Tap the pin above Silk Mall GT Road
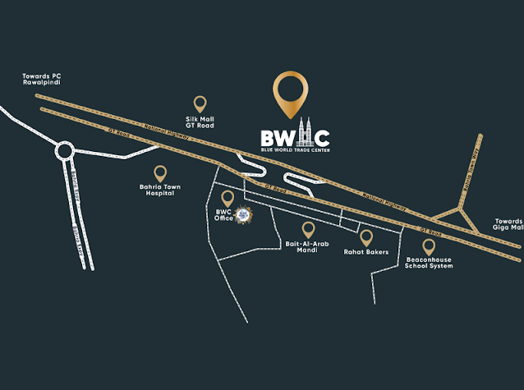point(200,103)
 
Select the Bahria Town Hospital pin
point(160,173)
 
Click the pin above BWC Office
point(228,198)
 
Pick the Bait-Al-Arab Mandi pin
point(308,229)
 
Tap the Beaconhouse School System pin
point(429,245)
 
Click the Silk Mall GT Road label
point(200,122)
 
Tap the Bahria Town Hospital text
point(160,190)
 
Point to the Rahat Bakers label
point(366,252)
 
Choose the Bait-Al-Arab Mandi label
point(308,247)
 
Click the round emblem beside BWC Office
point(243,215)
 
